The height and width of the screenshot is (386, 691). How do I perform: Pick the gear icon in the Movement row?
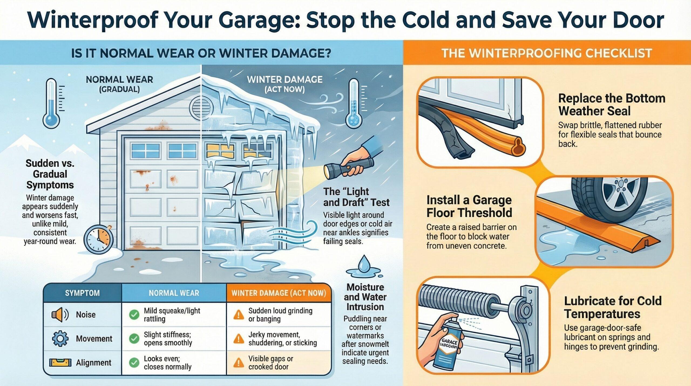coord(60,338)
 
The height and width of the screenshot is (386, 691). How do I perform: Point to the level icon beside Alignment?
coord(60,362)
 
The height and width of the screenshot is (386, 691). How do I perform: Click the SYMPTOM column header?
coord(82,293)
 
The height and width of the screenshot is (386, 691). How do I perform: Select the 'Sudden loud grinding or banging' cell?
coord(280,315)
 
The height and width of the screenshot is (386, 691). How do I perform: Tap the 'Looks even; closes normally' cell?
coord(167,362)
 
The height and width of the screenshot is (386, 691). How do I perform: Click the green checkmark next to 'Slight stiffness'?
coord(134,338)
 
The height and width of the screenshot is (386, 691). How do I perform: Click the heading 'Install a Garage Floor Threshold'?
coord(469,206)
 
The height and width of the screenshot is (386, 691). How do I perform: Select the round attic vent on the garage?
coord(201,108)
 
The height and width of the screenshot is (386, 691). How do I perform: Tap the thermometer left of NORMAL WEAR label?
coord(51,104)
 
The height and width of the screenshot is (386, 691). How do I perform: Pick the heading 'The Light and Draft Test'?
coord(356,197)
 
